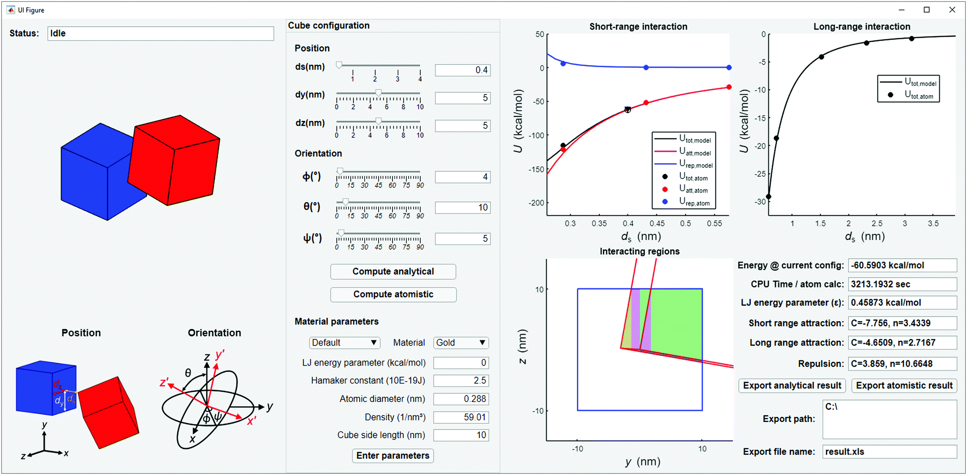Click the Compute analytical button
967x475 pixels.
pos(393,272)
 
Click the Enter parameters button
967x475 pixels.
pos(393,456)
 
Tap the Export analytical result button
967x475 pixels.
pos(792,386)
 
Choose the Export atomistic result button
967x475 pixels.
pos(904,386)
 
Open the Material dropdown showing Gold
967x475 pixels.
pos(461,343)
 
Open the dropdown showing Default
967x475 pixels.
pos(344,343)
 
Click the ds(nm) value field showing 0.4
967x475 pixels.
pos(462,70)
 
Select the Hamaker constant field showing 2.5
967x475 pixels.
pos(461,381)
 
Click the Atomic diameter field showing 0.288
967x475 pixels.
pos(461,399)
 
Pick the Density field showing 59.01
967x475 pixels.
pos(461,417)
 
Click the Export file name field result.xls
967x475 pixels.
pos(889,452)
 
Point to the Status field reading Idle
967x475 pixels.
pos(160,33)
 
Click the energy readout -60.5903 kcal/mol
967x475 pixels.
pos(902,265)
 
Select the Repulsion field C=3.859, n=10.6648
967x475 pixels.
pos(902,364)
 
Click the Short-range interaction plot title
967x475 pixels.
pos(638,27)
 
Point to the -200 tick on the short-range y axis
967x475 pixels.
pos(536,203)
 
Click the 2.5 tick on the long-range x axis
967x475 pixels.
pos(877,223)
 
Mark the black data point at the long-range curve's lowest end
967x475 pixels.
pos(768,197)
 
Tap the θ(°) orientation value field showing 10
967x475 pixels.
pos(462,208)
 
